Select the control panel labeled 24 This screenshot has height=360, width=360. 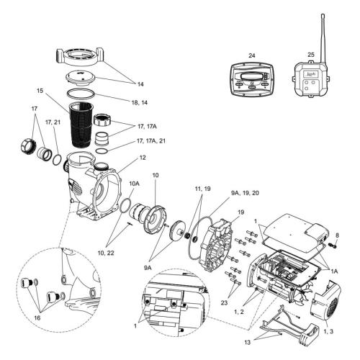coord(251,84)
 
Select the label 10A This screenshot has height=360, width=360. coord(134,184)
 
